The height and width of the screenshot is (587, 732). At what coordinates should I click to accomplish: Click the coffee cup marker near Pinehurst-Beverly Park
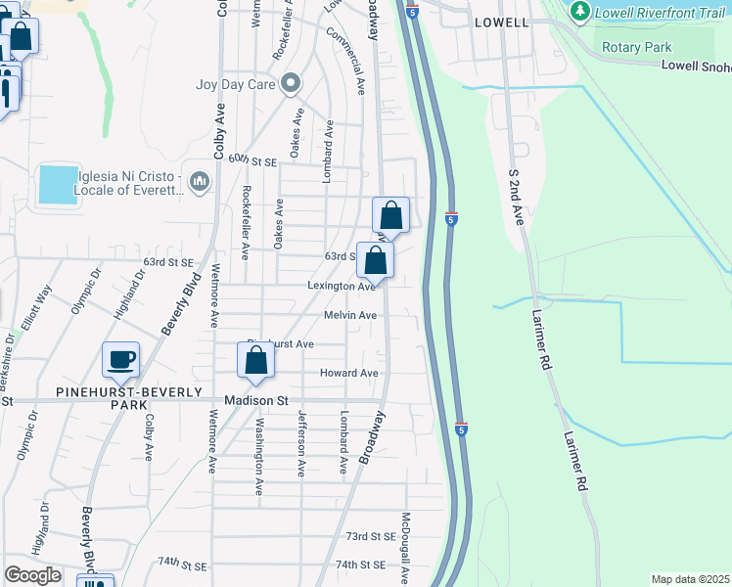pos(120,360)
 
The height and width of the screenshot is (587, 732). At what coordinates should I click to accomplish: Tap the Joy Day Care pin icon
pos(289,83)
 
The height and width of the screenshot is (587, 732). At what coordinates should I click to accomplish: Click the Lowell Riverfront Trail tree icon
pos(579,12)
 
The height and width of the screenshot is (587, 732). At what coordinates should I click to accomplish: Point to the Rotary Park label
pos(629,46)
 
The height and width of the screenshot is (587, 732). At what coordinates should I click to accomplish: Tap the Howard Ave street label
pos(348,373)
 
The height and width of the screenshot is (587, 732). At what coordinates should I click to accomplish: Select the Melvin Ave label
pos(350,315)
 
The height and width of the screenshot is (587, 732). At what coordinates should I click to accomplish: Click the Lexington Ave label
pos(341,286)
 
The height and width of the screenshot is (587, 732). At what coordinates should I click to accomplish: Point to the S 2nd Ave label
pos(516,196)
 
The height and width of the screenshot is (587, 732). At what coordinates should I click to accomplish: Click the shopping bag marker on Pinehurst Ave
pos(255,360)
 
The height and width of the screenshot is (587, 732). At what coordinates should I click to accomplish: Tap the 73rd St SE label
pos(370,536)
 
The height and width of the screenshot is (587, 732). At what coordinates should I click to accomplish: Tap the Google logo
pos(33,575)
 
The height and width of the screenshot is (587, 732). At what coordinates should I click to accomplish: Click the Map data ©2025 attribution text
pos(690,579)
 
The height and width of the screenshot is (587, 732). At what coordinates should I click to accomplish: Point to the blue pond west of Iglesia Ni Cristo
pos(58,184)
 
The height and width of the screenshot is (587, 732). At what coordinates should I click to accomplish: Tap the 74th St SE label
pos(360,564)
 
